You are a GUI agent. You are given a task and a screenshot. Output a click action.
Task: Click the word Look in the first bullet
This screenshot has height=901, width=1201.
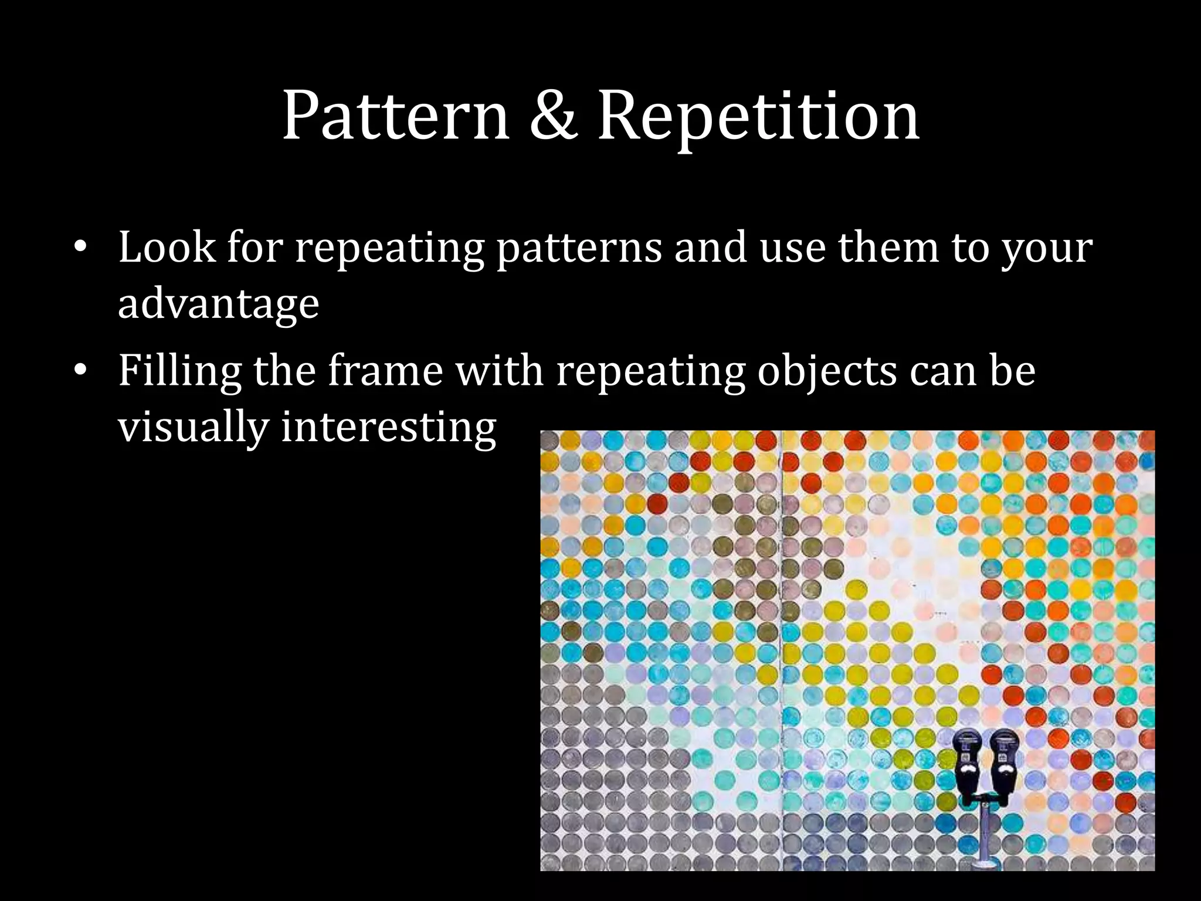tap(167, 247)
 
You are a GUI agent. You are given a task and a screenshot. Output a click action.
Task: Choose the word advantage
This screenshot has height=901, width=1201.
tap(218, 304)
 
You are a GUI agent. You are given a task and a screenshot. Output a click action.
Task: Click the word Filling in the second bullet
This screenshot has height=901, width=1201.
tap(179, 371)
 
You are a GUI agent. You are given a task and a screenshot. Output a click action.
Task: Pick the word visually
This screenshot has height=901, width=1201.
tap(193, 427)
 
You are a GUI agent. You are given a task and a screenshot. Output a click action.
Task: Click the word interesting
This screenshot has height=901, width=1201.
tap(389, 427)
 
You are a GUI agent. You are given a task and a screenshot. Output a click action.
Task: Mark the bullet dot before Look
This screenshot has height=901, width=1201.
tap(80, 248)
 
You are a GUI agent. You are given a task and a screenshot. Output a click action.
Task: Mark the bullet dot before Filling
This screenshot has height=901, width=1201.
tap(80, 371)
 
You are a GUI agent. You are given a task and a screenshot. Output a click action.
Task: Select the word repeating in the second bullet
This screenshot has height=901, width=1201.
tap(650, 372)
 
